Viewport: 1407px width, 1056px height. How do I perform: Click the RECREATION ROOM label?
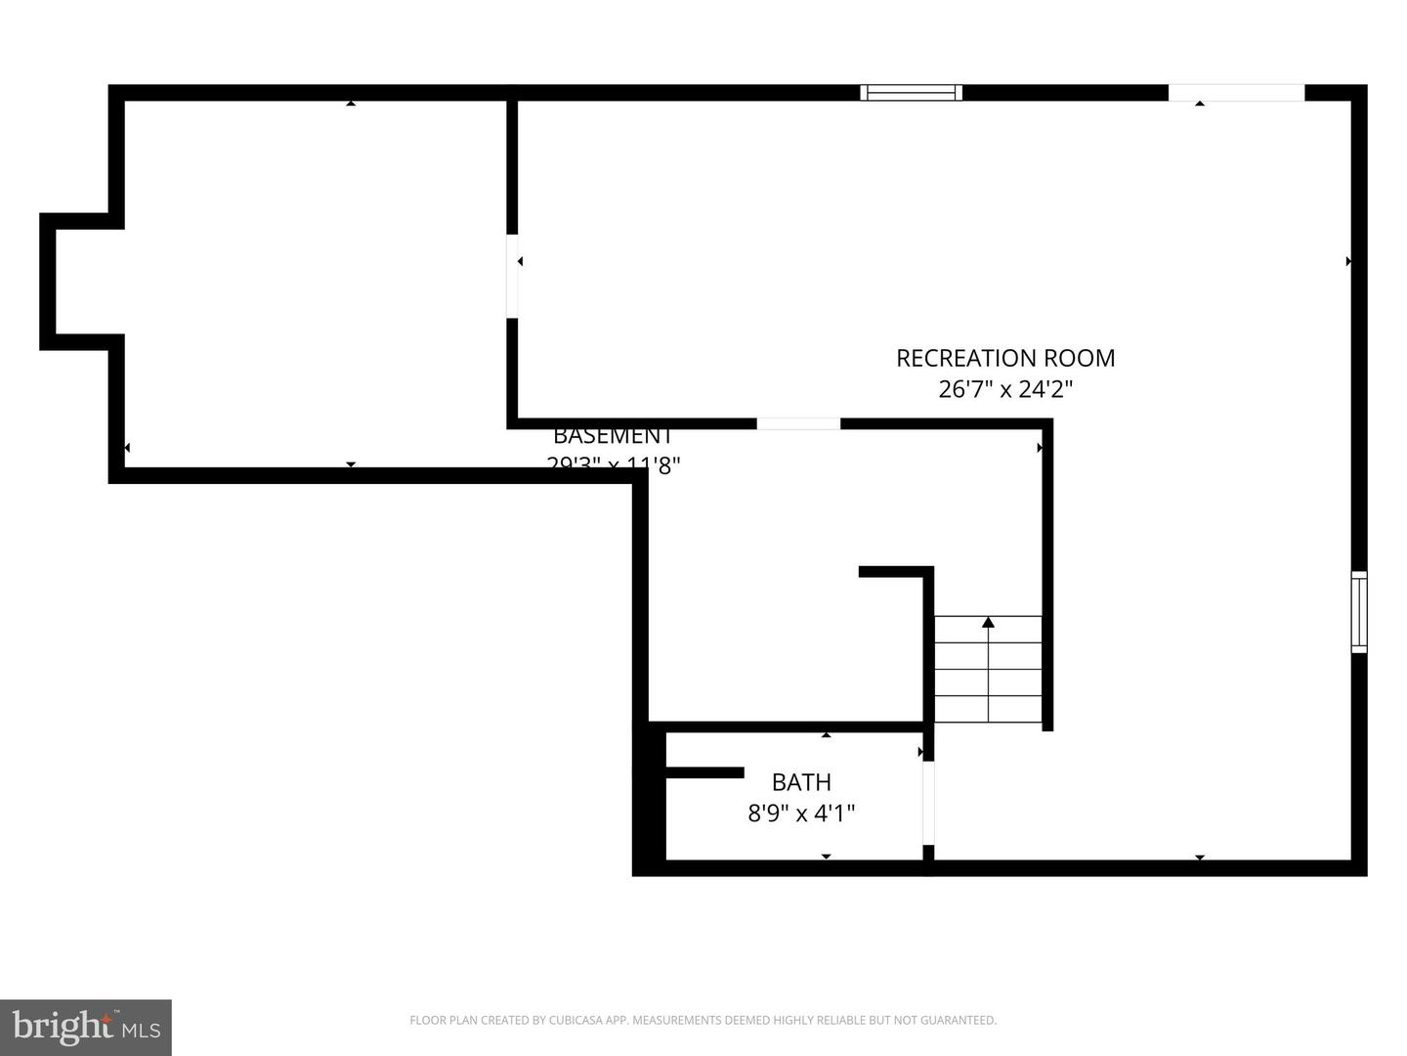(x=1005, y=358)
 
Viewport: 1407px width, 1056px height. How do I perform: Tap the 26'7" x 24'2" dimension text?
(x=1005, y=389)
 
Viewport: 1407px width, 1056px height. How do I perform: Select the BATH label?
(x=801, y=782)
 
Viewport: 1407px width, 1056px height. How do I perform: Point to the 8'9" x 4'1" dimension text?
(x=801, y=813)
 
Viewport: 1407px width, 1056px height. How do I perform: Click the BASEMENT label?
(x=613, y=436)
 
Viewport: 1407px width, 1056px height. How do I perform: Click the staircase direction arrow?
(x=988, y=622)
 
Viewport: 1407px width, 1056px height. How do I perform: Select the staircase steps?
(x=988, y=670)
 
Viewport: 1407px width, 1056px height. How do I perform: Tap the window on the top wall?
(x=911, y=93)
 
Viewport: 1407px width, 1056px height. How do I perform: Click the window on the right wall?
(x=1358, y=612)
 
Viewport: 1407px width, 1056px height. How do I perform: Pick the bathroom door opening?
(x=928, y=802)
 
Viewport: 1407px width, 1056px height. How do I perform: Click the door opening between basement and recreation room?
(x=512, y=276)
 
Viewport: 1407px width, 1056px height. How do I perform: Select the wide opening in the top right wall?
(x=1236, y=93)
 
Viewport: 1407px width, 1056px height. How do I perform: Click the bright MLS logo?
(x=86, y=1027)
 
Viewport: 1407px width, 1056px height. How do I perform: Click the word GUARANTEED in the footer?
(x=961, y=1020)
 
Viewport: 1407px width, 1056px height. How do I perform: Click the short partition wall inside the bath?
(x=704, y=772)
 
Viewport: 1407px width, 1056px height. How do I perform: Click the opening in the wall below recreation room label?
(x=798, y=423)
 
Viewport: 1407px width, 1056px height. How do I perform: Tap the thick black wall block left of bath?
(x=650, y=797)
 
